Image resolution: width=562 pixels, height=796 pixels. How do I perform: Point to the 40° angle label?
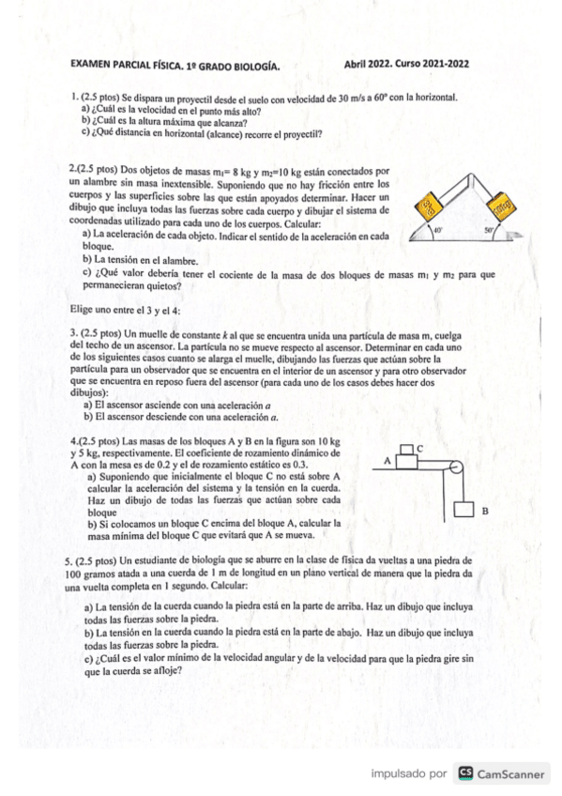pyautogui.click(x=437, y=228)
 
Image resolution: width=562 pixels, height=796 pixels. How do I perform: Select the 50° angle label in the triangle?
pyautogui.click(x=489, y=228)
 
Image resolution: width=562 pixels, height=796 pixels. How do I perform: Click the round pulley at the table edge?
pyautogui.click(x=456, y=467)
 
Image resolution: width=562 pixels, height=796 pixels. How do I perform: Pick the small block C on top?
pyautogui.click(x=407, y=450)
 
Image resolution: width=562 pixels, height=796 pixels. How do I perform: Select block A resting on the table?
pyautogui.click(x=406, y=463)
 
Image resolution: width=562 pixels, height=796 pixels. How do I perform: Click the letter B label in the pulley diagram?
pyautogui.click(x=484, y=513)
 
